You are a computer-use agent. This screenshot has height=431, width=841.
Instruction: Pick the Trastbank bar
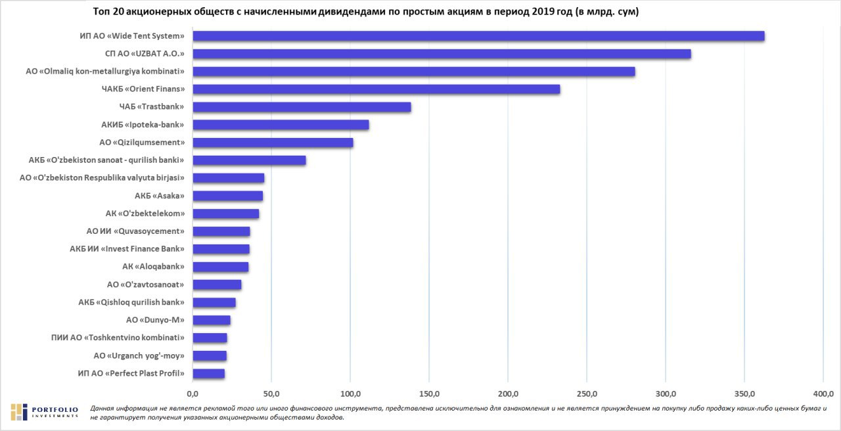pyautogui.click(x=302, y=107)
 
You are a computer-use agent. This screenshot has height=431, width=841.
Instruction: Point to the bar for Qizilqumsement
pyautogui.click(x=273, y=143)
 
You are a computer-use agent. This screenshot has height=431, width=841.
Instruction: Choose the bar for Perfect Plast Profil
pyautogui.click(x=208, y=374)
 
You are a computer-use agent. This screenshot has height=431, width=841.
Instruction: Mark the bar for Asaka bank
pyautogui.click(x=227, y=196)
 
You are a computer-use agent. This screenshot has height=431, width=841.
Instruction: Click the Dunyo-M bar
pyautogui.click(x=212, y=320)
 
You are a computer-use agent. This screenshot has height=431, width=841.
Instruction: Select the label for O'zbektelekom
pyautogui.click(x=145, y=214)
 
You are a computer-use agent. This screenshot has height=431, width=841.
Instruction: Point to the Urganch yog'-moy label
pyautogui.click(x=139, y=356)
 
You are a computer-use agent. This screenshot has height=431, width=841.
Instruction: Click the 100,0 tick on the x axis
pyautogui.click(x=350, y=394)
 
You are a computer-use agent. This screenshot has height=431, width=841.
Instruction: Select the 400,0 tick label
pyautogui.click(x=823, y=394)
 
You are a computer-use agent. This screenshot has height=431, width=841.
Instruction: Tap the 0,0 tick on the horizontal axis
pyautogui.click(x=193, y=394)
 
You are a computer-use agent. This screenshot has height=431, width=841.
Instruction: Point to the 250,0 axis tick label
pyautogui.click(x=587, y=394)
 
